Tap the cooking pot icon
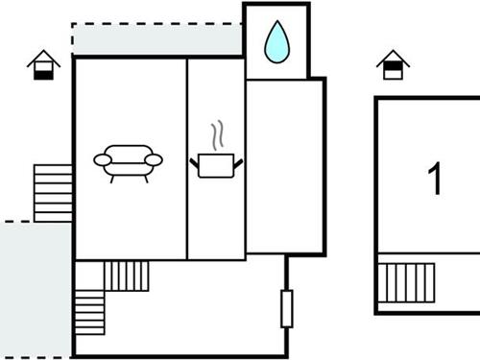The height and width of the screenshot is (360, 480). click(218, 164)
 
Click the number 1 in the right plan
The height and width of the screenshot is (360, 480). click(436, 179)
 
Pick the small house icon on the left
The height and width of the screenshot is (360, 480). click(43, 65)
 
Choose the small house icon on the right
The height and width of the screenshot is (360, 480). click(393, 64)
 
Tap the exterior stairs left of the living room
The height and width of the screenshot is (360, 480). click(54, 193)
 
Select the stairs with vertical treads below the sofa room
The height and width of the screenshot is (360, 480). click(126, 276)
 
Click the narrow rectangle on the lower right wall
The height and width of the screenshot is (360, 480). click(285, 308)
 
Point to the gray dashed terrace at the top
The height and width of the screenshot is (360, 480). click(154, 39)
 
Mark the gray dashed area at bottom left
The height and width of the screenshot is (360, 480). click(34, 288)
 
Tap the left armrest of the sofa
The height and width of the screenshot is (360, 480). click(101, 159)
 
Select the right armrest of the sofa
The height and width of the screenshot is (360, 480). click(156, 159)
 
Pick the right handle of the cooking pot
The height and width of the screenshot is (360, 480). click(239, 162)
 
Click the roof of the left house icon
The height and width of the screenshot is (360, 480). click(43, 59)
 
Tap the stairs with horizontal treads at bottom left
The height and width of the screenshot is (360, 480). click(89, 311)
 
